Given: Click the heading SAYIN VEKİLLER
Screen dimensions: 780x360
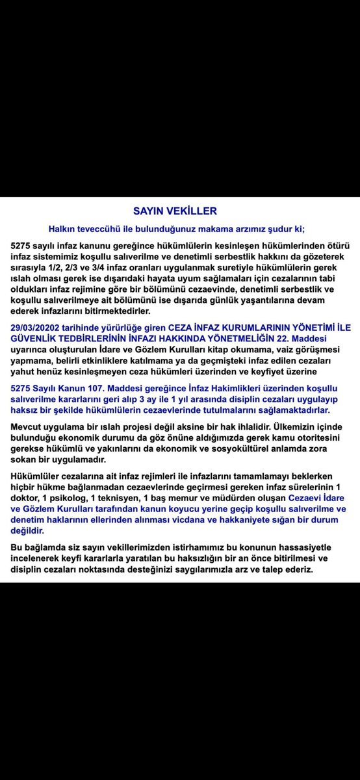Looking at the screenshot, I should pyautogui.click(x=175, y=211).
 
